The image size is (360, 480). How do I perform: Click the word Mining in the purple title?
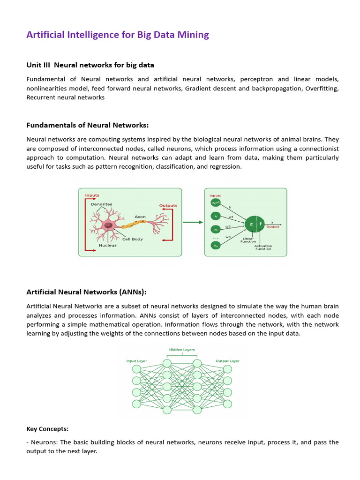coord(190,35)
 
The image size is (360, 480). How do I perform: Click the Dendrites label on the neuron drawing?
coord(101,204)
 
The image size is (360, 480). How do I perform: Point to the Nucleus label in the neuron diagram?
coord(107,245)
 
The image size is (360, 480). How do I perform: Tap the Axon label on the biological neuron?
coord(140,217)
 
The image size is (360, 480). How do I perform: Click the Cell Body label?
coord(132,239)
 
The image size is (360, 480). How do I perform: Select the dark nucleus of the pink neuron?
coord(108,226)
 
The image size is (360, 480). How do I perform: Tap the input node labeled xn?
coord(216,245)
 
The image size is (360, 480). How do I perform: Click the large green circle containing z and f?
coord(255,224)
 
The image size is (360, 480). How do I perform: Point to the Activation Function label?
coord(263,247)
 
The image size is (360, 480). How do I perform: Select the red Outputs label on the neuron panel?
coord(168,205)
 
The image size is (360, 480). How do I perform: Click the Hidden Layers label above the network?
coord(181,350)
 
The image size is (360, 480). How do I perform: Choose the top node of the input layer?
coord(136,369)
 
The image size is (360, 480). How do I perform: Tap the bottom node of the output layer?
coord(227,404)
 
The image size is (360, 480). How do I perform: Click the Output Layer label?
coord(227,361)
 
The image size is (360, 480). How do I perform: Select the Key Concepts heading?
coord(47,428)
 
